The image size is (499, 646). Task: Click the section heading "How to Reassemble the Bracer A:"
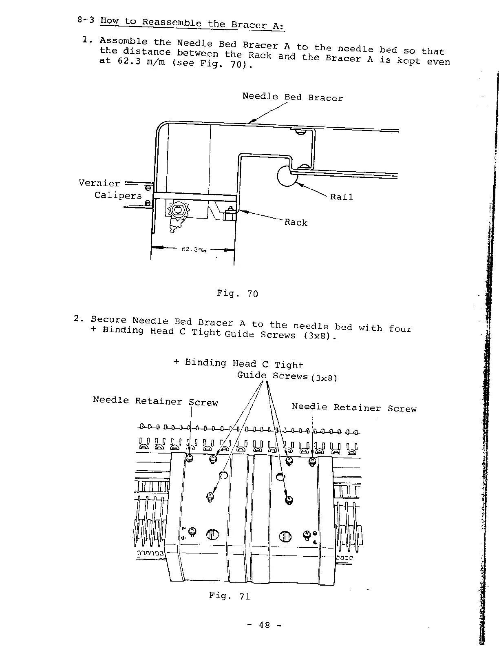192,23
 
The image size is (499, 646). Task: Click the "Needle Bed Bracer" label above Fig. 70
292,97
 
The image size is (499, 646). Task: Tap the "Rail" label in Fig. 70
341,197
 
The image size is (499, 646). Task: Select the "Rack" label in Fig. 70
296,222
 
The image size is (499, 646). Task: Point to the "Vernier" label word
99,183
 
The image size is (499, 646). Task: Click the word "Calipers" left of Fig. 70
118,195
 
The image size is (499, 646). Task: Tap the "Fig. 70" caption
237,294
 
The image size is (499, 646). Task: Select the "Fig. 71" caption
229,596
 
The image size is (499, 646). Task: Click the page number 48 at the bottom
264,625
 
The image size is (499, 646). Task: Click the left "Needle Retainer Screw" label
155,401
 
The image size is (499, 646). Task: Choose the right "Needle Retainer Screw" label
354,407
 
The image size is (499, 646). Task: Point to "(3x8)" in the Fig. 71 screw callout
324,378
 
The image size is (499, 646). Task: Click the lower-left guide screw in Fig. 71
210,496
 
